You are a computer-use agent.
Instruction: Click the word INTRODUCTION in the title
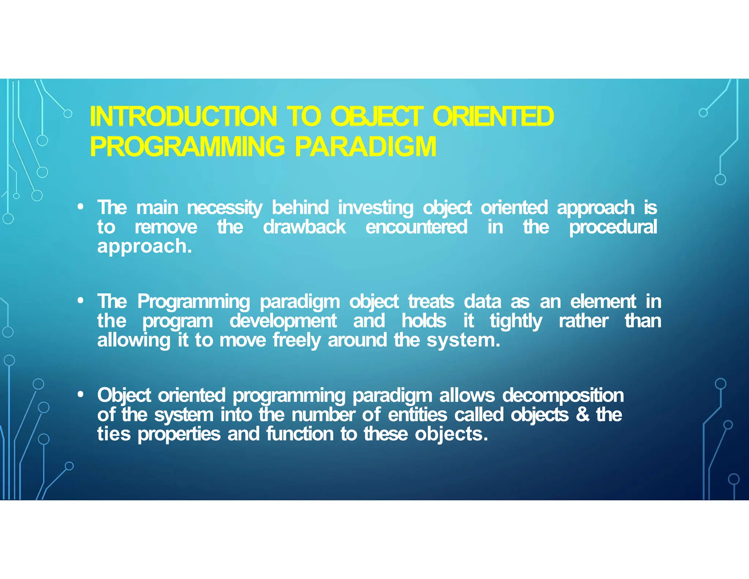[x=183, y=116]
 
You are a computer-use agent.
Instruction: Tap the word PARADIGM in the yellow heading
[x=365, y=146]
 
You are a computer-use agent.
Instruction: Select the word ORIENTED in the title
[x=493, y=116]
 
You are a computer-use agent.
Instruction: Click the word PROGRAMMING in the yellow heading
[x=187, y=146]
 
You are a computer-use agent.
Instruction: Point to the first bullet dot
[x=81, y=207]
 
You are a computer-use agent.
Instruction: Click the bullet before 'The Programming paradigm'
[x=81, y=301]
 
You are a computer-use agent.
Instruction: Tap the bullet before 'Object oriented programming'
[x=81, y=395]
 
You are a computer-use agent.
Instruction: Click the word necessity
[x=225, y=208]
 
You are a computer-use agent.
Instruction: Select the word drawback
[x=304, y=227]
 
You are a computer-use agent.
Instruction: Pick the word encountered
[x=416, y=227]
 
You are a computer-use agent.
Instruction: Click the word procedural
[x=613, y=227]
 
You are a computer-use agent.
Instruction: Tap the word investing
[x=376, y=208]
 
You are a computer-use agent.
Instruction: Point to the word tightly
[x=516, y=321]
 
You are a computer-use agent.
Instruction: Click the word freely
[x=297, y=340]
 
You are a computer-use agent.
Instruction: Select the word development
[x=283, y=321]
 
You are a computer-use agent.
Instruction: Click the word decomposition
[x=563, y=396]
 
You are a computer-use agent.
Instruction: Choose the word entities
[x=417, y=415]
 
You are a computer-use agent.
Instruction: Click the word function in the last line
[x=300, y=434]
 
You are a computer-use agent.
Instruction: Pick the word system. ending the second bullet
[x=463, y=340]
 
